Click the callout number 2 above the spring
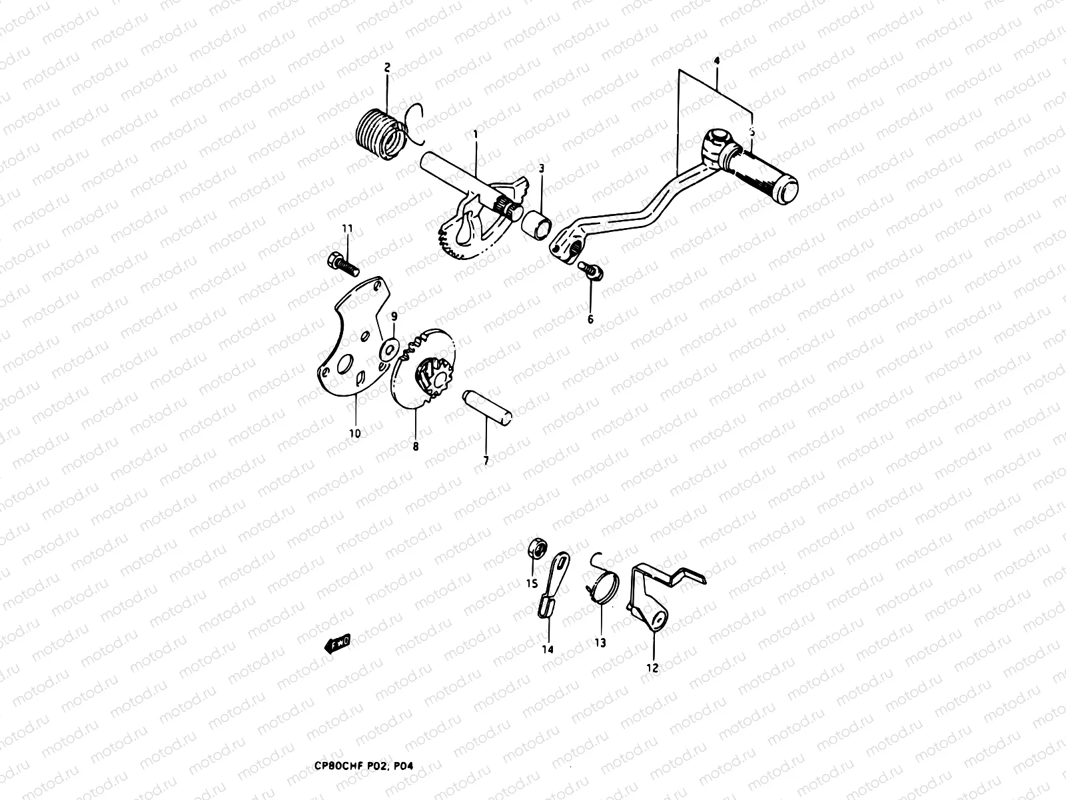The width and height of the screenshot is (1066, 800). (387, 67)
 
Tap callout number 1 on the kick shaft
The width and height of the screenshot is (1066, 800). (476, 134)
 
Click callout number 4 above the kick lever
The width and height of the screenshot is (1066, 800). (716, 61)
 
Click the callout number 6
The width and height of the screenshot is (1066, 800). (590, 319)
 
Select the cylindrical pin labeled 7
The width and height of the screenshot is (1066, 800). (489, 406)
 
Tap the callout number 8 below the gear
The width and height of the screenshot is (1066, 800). (415, 447)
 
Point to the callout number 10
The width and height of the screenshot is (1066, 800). (354, 433)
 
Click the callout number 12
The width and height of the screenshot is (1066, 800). (652, 667)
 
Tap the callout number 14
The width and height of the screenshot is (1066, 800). (548, 649)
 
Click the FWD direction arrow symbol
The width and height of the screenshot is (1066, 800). (336, 643)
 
